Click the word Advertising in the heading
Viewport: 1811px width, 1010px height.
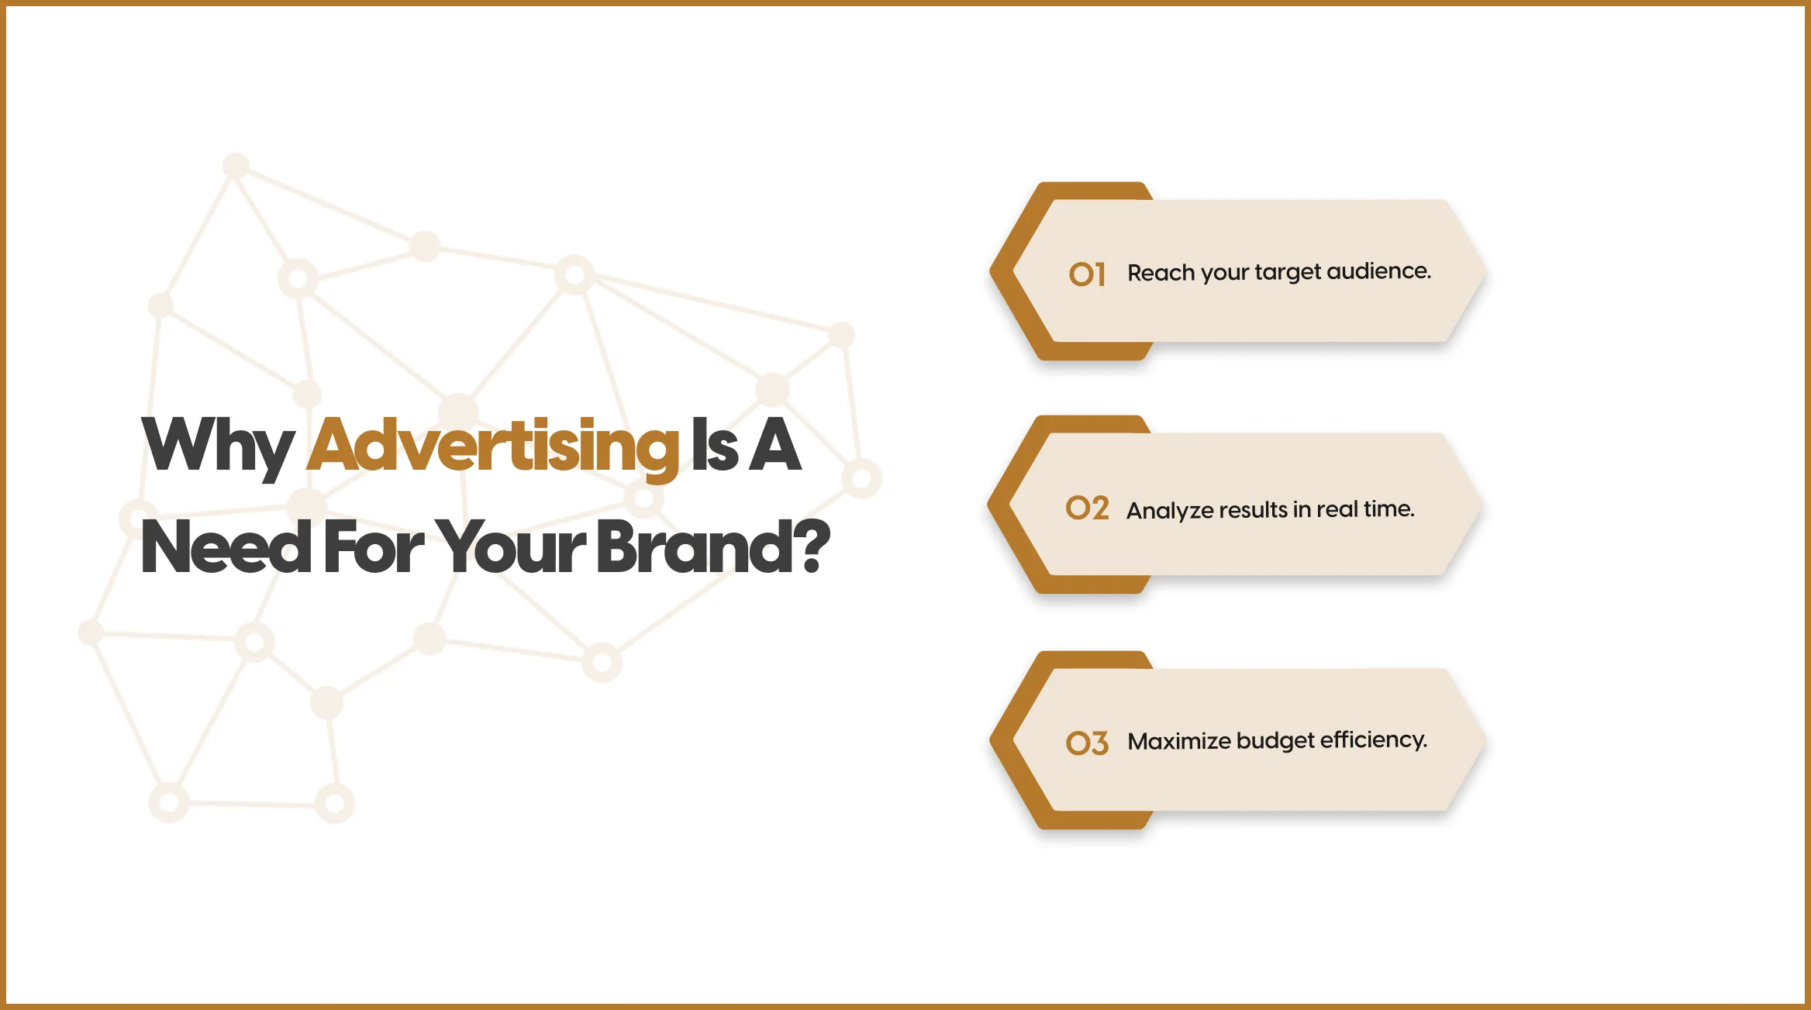(493, 446)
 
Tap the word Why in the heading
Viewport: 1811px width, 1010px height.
(218, 446)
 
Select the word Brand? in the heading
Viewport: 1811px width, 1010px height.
(713, 546)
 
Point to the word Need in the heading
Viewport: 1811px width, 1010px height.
(226, 547)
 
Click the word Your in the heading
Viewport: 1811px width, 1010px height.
(510, 547)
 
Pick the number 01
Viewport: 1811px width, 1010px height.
(1087, 274)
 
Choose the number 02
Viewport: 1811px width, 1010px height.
(1087, 508)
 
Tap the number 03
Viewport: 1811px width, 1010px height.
(1087, 743)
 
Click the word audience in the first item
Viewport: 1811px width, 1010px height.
(1378, 271)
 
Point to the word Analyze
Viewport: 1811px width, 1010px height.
(1169, 511)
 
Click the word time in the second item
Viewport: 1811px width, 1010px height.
(1389, 508)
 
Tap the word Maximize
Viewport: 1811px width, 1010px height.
(1179, 741)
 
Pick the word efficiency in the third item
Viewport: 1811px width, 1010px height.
(1373, 740)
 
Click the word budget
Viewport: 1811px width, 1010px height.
(1275, 741)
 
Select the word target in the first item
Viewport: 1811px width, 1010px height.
(1288, 273)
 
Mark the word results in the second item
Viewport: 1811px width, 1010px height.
(1253, 510)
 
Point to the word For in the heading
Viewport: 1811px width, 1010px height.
(374, 547)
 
